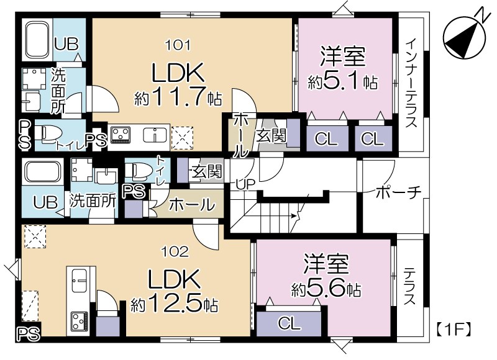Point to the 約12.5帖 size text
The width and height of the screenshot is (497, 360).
point(174,305)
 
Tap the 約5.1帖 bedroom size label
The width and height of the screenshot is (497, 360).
point(344,81)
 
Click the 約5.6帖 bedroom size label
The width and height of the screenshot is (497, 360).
point(326,289)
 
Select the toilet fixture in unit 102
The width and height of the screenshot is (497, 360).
point(137,169)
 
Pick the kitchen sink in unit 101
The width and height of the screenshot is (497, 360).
point(152,135)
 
